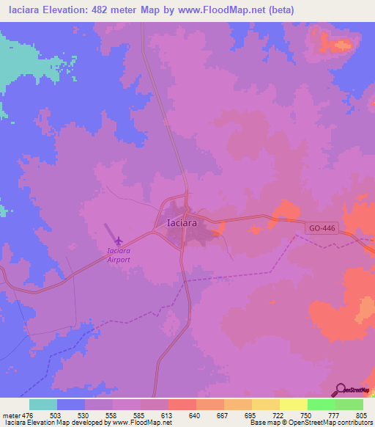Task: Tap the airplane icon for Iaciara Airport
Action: [x=119, y=240]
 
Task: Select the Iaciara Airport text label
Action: [x=115, y=254]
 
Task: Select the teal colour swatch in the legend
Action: [x=43, y=404]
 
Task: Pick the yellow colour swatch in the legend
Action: [x=294, y=404]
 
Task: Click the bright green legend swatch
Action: [x=322, y=404]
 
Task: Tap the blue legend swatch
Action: [x=71, y=404]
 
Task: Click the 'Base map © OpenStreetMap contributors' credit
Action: [x=308, y=423]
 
